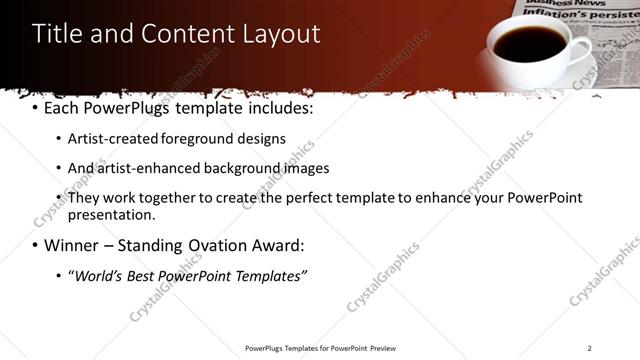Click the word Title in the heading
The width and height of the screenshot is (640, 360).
55,34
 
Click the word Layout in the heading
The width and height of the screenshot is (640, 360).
282,34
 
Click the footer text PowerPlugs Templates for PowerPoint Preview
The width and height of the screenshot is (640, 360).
320,348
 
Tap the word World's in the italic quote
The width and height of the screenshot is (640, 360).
98,274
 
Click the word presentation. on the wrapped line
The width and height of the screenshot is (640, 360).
111,214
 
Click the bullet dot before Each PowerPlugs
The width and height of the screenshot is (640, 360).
35,108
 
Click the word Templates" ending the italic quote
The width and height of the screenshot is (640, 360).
270,274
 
